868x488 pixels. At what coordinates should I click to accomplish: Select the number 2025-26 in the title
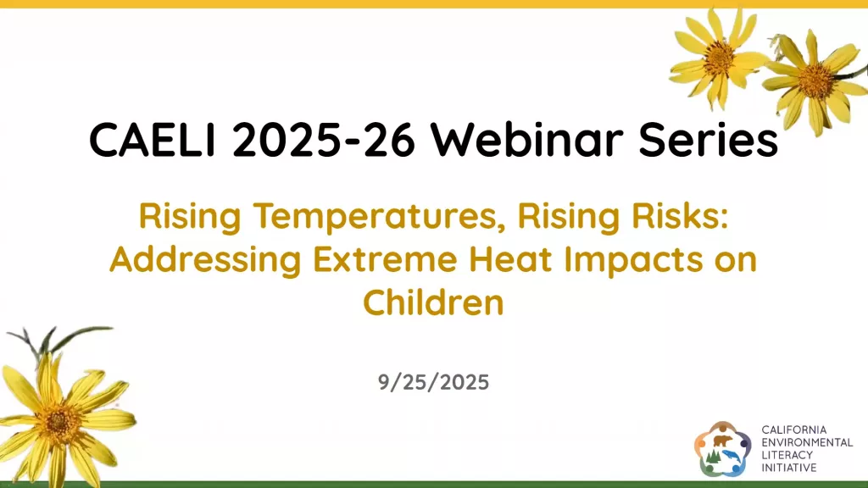coord(323,140)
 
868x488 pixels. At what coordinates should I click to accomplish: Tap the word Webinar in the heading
coord(527,140)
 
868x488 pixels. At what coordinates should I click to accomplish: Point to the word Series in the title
coord(708,140)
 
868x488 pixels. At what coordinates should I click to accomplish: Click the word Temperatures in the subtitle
coord(376,216)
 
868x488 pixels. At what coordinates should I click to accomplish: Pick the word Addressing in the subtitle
coord(205,259)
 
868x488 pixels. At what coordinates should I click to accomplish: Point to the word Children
coord(433,302)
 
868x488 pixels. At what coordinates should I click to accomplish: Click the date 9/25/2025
coord(433,382)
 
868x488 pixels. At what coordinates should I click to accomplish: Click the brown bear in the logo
coord(722,441)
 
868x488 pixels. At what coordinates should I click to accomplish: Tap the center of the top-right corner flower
coord(815,80)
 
